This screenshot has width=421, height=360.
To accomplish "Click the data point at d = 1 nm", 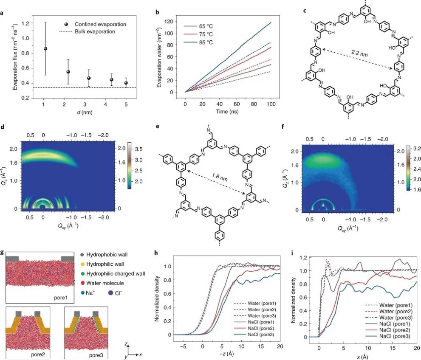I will [45, 48].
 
